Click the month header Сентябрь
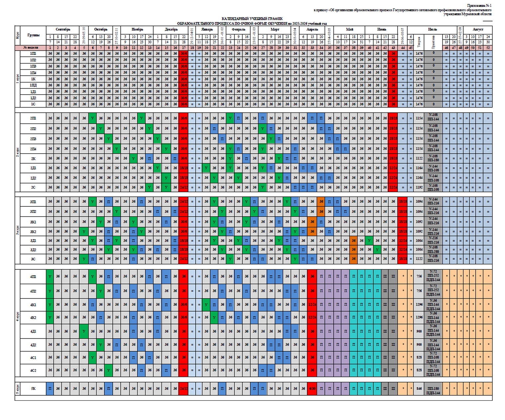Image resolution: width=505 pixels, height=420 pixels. click(x=63, y=30)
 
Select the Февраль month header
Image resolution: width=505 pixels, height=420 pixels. click(x=238, y=30)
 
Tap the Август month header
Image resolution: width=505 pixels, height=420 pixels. click(x=478, y=30)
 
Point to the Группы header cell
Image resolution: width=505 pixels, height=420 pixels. click(x=33, y=35)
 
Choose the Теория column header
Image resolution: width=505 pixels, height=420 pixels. click(x=419, y=42)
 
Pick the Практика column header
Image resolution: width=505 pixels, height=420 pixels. click(x=433, y=42)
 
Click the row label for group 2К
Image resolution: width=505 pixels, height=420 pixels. click(x=33, y=159)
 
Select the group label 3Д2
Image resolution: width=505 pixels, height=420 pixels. click(x=33, y=249)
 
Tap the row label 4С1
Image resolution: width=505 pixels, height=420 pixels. click(x=33, y=358)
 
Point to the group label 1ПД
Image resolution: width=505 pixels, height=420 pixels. click(x=33, y=85)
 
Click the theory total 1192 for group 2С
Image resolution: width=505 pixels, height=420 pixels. click(x=419, y=187)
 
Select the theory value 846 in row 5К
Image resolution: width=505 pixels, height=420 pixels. click(x=419, y=388)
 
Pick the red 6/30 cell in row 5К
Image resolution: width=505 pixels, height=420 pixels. click(x=312, y=388)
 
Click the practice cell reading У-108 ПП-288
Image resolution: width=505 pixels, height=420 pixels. click(x=433, y=249)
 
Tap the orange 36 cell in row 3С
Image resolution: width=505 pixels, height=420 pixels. click(x=353, y=259)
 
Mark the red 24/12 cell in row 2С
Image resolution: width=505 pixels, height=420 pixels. click(x=184, y=187)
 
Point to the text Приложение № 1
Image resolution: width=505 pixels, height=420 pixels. click(x=479, y=6)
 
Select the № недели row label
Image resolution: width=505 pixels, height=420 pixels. click(x=31, y=48)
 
